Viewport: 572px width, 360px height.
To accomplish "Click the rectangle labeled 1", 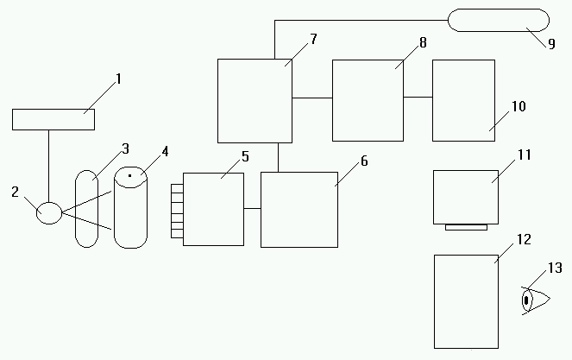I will [x=53, y=119].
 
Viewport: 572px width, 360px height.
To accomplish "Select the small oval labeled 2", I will [x=48, y=212].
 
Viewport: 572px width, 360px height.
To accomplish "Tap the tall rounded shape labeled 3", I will [x=86, y=209].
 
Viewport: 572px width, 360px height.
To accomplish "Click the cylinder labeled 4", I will [x=130, y=212].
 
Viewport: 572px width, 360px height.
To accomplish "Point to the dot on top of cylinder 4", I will [x=130, y=176].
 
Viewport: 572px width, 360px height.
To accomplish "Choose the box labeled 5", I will [x=213, y=209].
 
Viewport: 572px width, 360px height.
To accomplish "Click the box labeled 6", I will [x=299, y=210].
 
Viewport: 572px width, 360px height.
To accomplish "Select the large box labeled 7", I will [x=255, y=100].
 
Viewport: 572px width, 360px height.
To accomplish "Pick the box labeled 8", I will [x=368, y=100].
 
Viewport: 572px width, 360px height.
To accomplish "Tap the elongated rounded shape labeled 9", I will [x=498, y=19].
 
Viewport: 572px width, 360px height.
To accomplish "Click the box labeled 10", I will [x=463, y=100].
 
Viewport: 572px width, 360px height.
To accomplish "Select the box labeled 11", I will [x=466, y=197].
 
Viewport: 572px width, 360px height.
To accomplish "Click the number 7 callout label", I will [x=312, y=40].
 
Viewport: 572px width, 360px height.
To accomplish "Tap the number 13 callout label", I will [x=554, y=268].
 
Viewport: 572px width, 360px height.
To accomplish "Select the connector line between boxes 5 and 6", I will [x=252, y=208].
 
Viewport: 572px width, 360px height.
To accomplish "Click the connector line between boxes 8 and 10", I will [x=418, y=97].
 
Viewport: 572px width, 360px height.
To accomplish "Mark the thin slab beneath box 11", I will [x=466, y=227].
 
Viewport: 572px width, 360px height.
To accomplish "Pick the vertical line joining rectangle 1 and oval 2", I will [x=48, y=166].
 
